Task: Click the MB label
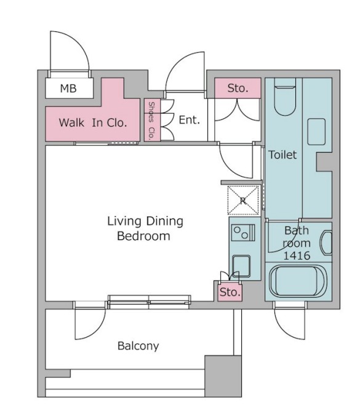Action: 68,89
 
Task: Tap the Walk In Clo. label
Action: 93,122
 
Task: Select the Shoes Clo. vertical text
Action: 151,121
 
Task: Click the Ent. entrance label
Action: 189,120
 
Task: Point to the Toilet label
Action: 282,154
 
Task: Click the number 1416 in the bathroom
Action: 297,256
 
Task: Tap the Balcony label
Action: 138,346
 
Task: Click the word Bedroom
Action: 143,236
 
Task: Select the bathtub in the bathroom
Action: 298,281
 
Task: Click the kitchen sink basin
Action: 241,266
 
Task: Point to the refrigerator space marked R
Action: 243,201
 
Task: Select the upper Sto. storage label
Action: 238,88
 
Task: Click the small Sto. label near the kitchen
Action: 230,292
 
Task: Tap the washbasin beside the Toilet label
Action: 316,132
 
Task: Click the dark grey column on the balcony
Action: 223,376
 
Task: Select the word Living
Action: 124,221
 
